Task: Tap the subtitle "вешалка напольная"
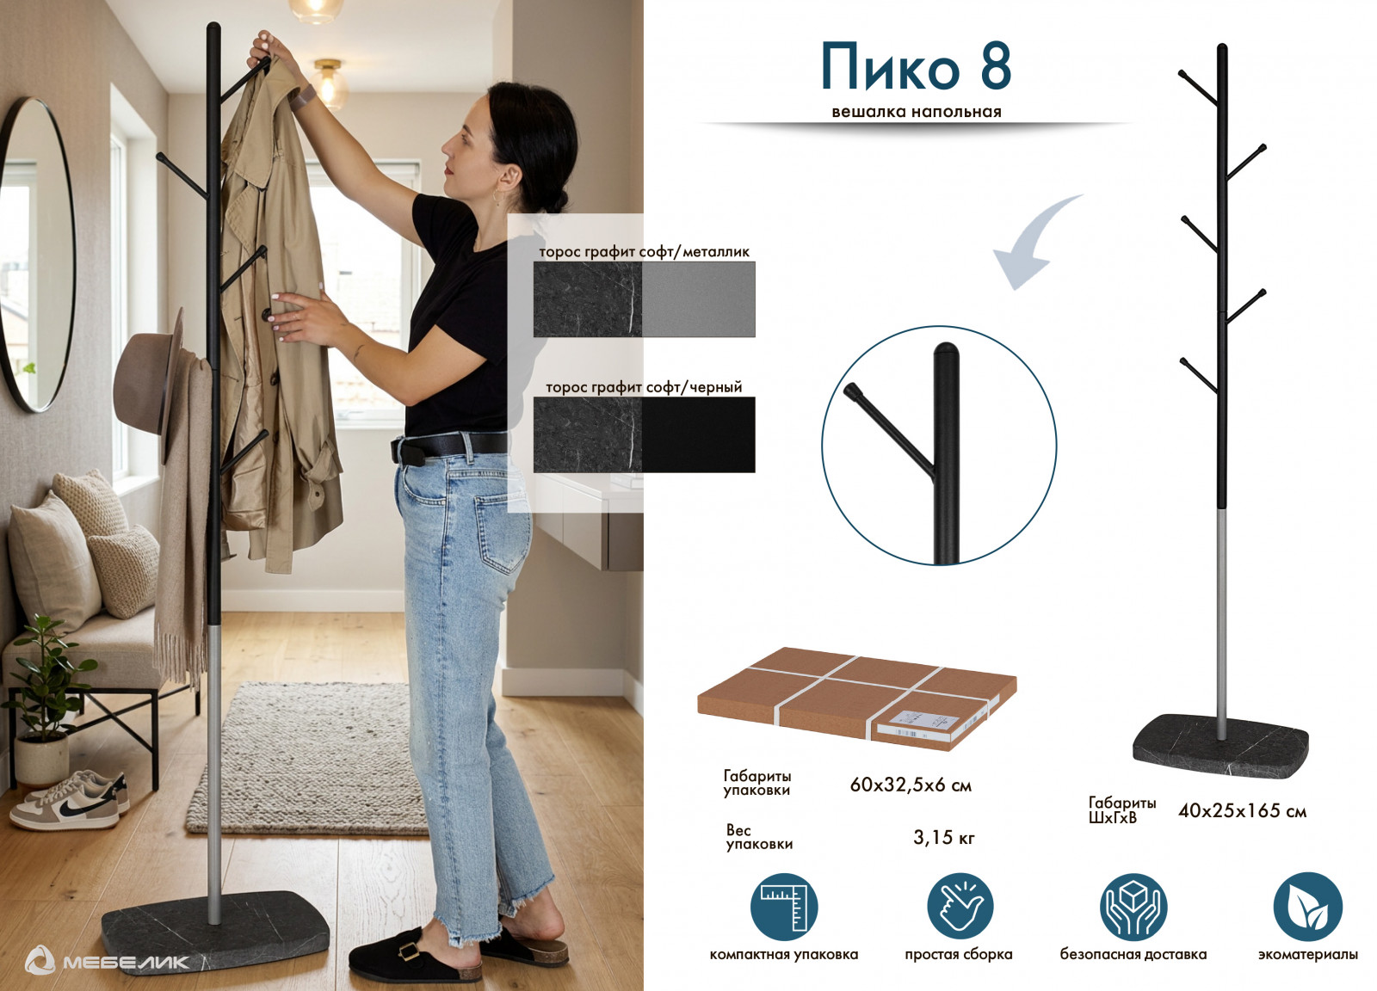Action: click(916, 112)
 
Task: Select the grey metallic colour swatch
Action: click(698, 299)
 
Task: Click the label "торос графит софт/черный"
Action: click(644, 387)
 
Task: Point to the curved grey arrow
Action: click(1027, 246)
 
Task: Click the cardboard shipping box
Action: click(856, 699)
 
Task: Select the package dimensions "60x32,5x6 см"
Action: click(911, 785)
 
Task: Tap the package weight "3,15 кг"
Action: click(943, 837)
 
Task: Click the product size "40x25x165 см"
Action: click(1242, 810)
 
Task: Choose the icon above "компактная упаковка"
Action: click(784, 907)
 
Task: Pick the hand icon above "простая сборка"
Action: click(960, 907)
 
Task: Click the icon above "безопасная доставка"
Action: click(1133, 907)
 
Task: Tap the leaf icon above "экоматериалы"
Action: click(1307, 907)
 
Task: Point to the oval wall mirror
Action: click(37, 255)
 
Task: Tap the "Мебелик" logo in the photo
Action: click(107, 962)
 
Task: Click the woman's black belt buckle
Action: click(407, 452)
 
